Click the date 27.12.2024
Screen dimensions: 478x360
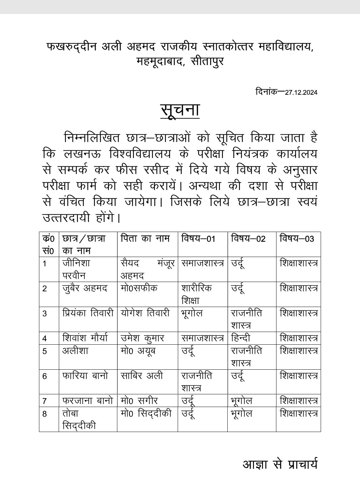tap(301, 93)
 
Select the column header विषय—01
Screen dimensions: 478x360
tap(198, 239)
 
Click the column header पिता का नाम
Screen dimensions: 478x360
tap(145, 239)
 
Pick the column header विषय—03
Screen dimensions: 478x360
tap(297, 239)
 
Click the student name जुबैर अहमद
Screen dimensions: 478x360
tap(85, 288)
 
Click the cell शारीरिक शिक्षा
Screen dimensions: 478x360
tap(197, 294)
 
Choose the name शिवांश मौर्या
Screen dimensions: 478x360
tap(85, 338)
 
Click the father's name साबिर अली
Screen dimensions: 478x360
tap(142, 376)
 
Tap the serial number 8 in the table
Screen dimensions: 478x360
tap(45, 414)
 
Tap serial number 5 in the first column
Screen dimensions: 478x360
tap(45, 351)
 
